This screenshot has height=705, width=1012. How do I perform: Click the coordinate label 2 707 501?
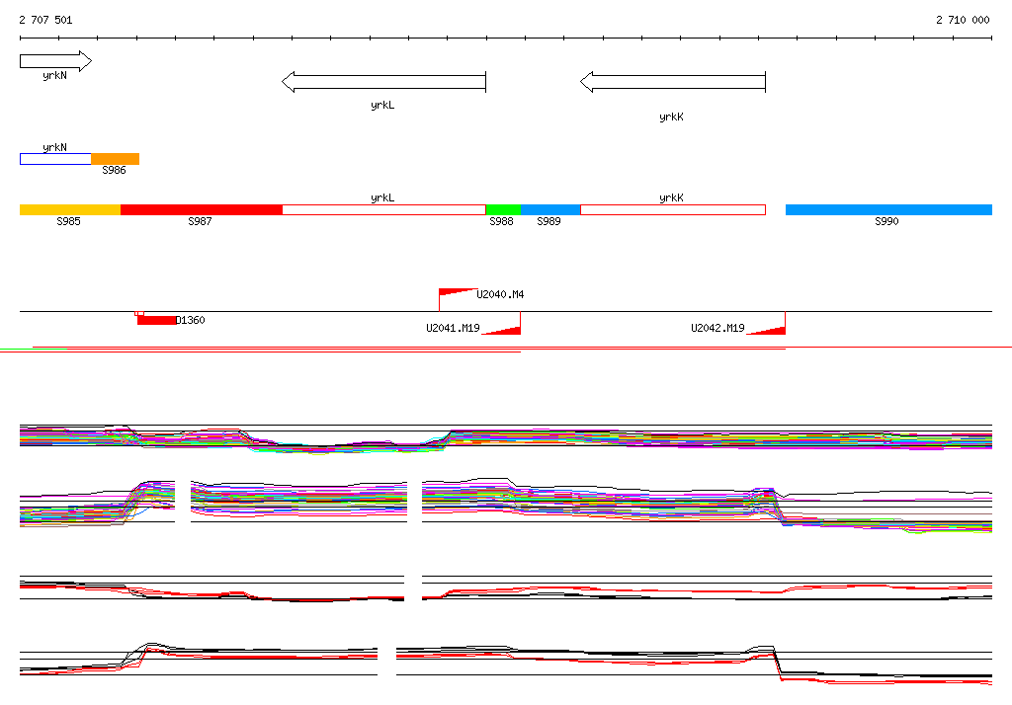(45, 20)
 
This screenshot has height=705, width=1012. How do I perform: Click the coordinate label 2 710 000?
(963, 20)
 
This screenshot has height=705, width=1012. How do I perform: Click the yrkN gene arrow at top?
(55, 61)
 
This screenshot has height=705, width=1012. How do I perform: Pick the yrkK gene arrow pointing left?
(672, 82)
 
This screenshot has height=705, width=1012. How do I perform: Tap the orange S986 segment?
(115, 159)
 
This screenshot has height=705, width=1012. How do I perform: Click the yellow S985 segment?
(69, 209)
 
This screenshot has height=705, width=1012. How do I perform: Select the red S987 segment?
(201, 209)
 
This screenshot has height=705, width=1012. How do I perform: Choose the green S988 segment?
(502, 209)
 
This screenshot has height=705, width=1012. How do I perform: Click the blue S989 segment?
(549, 209)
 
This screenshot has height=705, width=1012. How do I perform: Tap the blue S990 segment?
(887, 209)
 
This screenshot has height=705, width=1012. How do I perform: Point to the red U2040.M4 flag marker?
(457, 292)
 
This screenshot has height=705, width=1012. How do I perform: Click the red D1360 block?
(156, 320)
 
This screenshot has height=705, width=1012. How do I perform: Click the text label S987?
(200, 222)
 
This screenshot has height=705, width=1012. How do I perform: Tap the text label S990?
(886, 222)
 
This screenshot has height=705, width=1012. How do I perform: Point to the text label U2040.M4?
(500, 294)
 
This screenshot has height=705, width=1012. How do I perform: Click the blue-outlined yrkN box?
(55, 159)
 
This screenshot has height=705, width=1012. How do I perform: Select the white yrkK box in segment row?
(672, 209)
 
